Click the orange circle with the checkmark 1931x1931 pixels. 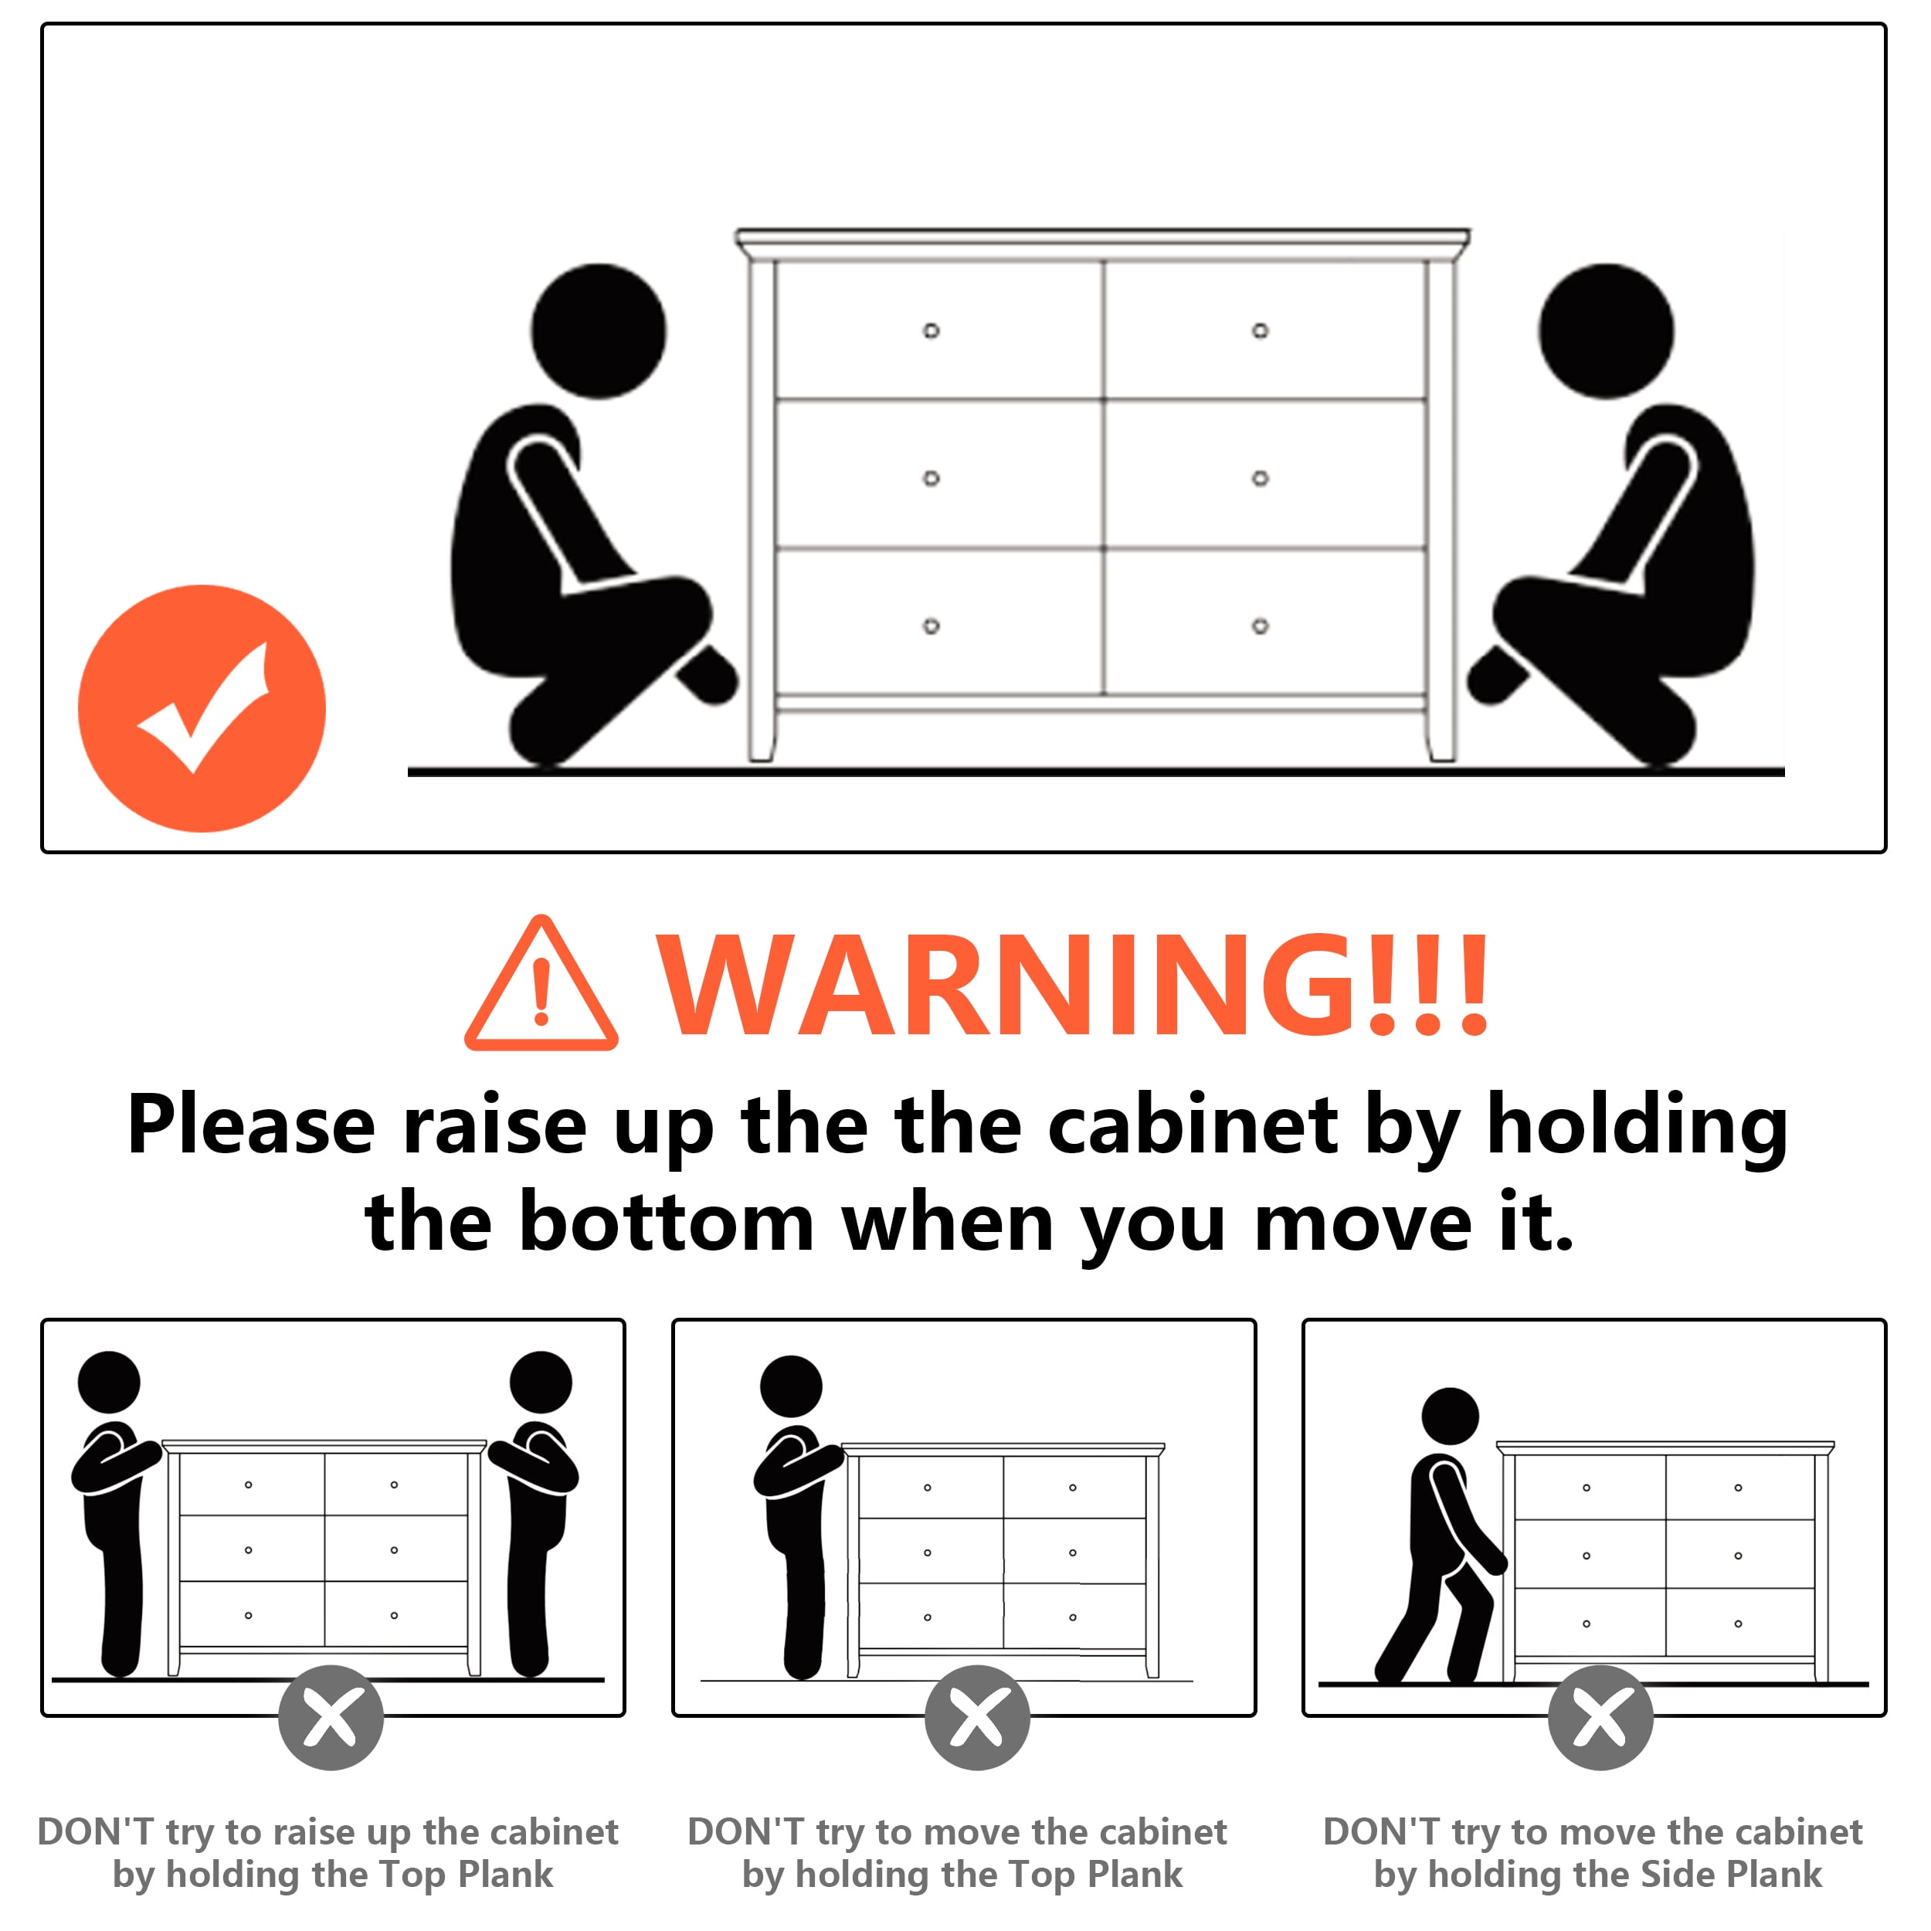click(x=202, y=708)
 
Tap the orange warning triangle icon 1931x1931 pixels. click(x=541, y=985)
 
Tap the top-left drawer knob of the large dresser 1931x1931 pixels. click(x=931, y=330)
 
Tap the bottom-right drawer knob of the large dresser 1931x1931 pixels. click(x=1261, y=626)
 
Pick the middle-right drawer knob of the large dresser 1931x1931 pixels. click(x=1261, y=478)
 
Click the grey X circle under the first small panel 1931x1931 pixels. click(x=331, y=1717)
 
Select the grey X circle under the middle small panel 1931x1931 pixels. click(x=978, y=1717)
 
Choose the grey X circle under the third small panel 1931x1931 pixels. click(x=1600, y=1717)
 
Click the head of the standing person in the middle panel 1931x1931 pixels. click(x=791, y=1386)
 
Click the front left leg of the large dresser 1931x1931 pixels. click(x=762, y=510)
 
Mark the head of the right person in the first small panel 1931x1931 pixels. click(x=541, y=1383)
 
